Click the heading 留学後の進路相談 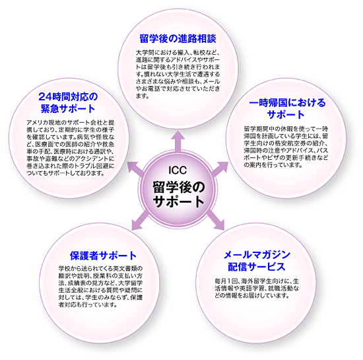tap(178, 38)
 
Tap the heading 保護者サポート tap(103, 256)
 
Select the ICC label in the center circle tap(178, 170)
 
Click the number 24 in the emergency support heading tap(45, 96)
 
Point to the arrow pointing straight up tap(178, 141)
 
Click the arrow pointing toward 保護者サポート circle tap(140, 221)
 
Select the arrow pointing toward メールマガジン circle tap(215, 221)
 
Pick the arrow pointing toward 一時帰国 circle tap(219, 169)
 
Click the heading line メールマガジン tap(257, 254)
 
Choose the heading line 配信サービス tap(257, 266)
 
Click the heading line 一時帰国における tap(287, 102)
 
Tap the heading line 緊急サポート tap(68, 108)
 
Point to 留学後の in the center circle tap(178, 187)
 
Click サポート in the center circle tap(178, 201)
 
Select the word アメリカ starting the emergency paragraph tap(36, 122)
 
